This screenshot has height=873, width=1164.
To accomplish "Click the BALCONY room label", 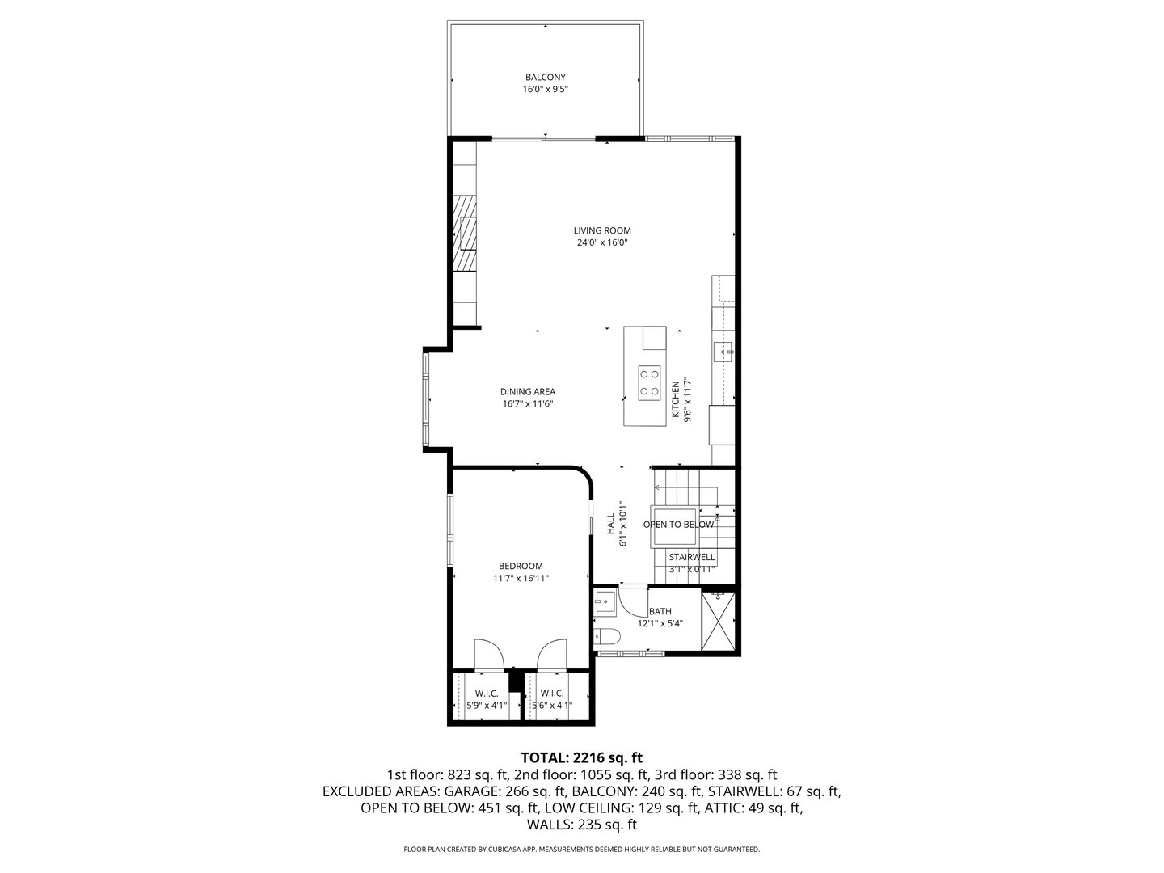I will (x=545, y=78).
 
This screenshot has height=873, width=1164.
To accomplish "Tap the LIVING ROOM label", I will (x=602, y=230).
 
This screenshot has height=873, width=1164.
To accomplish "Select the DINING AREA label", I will (x=527, y=392).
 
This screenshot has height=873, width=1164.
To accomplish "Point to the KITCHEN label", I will (x=676, y=400).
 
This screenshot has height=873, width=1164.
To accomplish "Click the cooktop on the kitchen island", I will (x=649, y=382).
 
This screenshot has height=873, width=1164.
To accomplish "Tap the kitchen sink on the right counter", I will (x=723, y=350).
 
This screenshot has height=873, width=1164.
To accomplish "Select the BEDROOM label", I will (x=521, y=566).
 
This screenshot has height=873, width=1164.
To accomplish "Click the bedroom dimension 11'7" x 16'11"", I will (x=521, y=578).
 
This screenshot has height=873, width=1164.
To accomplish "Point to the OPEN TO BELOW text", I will (x=678, y=525).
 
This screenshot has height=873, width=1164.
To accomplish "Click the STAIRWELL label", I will (x=691, y=557).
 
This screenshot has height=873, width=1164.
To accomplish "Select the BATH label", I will (x=660, y=612).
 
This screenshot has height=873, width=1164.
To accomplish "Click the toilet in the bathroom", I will (x=606, y=636).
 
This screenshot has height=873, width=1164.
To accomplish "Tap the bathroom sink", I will (x=604, y=601).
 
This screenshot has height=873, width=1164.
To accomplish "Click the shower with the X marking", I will (x=719, y=620).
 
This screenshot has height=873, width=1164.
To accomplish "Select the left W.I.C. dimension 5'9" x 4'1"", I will (x=486, y=705).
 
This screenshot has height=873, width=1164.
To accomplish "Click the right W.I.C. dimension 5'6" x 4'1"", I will (x=551, y=705).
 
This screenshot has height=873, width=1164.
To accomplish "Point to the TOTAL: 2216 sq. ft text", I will (x=581, y=757).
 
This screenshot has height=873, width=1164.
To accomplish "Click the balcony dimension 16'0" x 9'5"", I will (x=545, y=90).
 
